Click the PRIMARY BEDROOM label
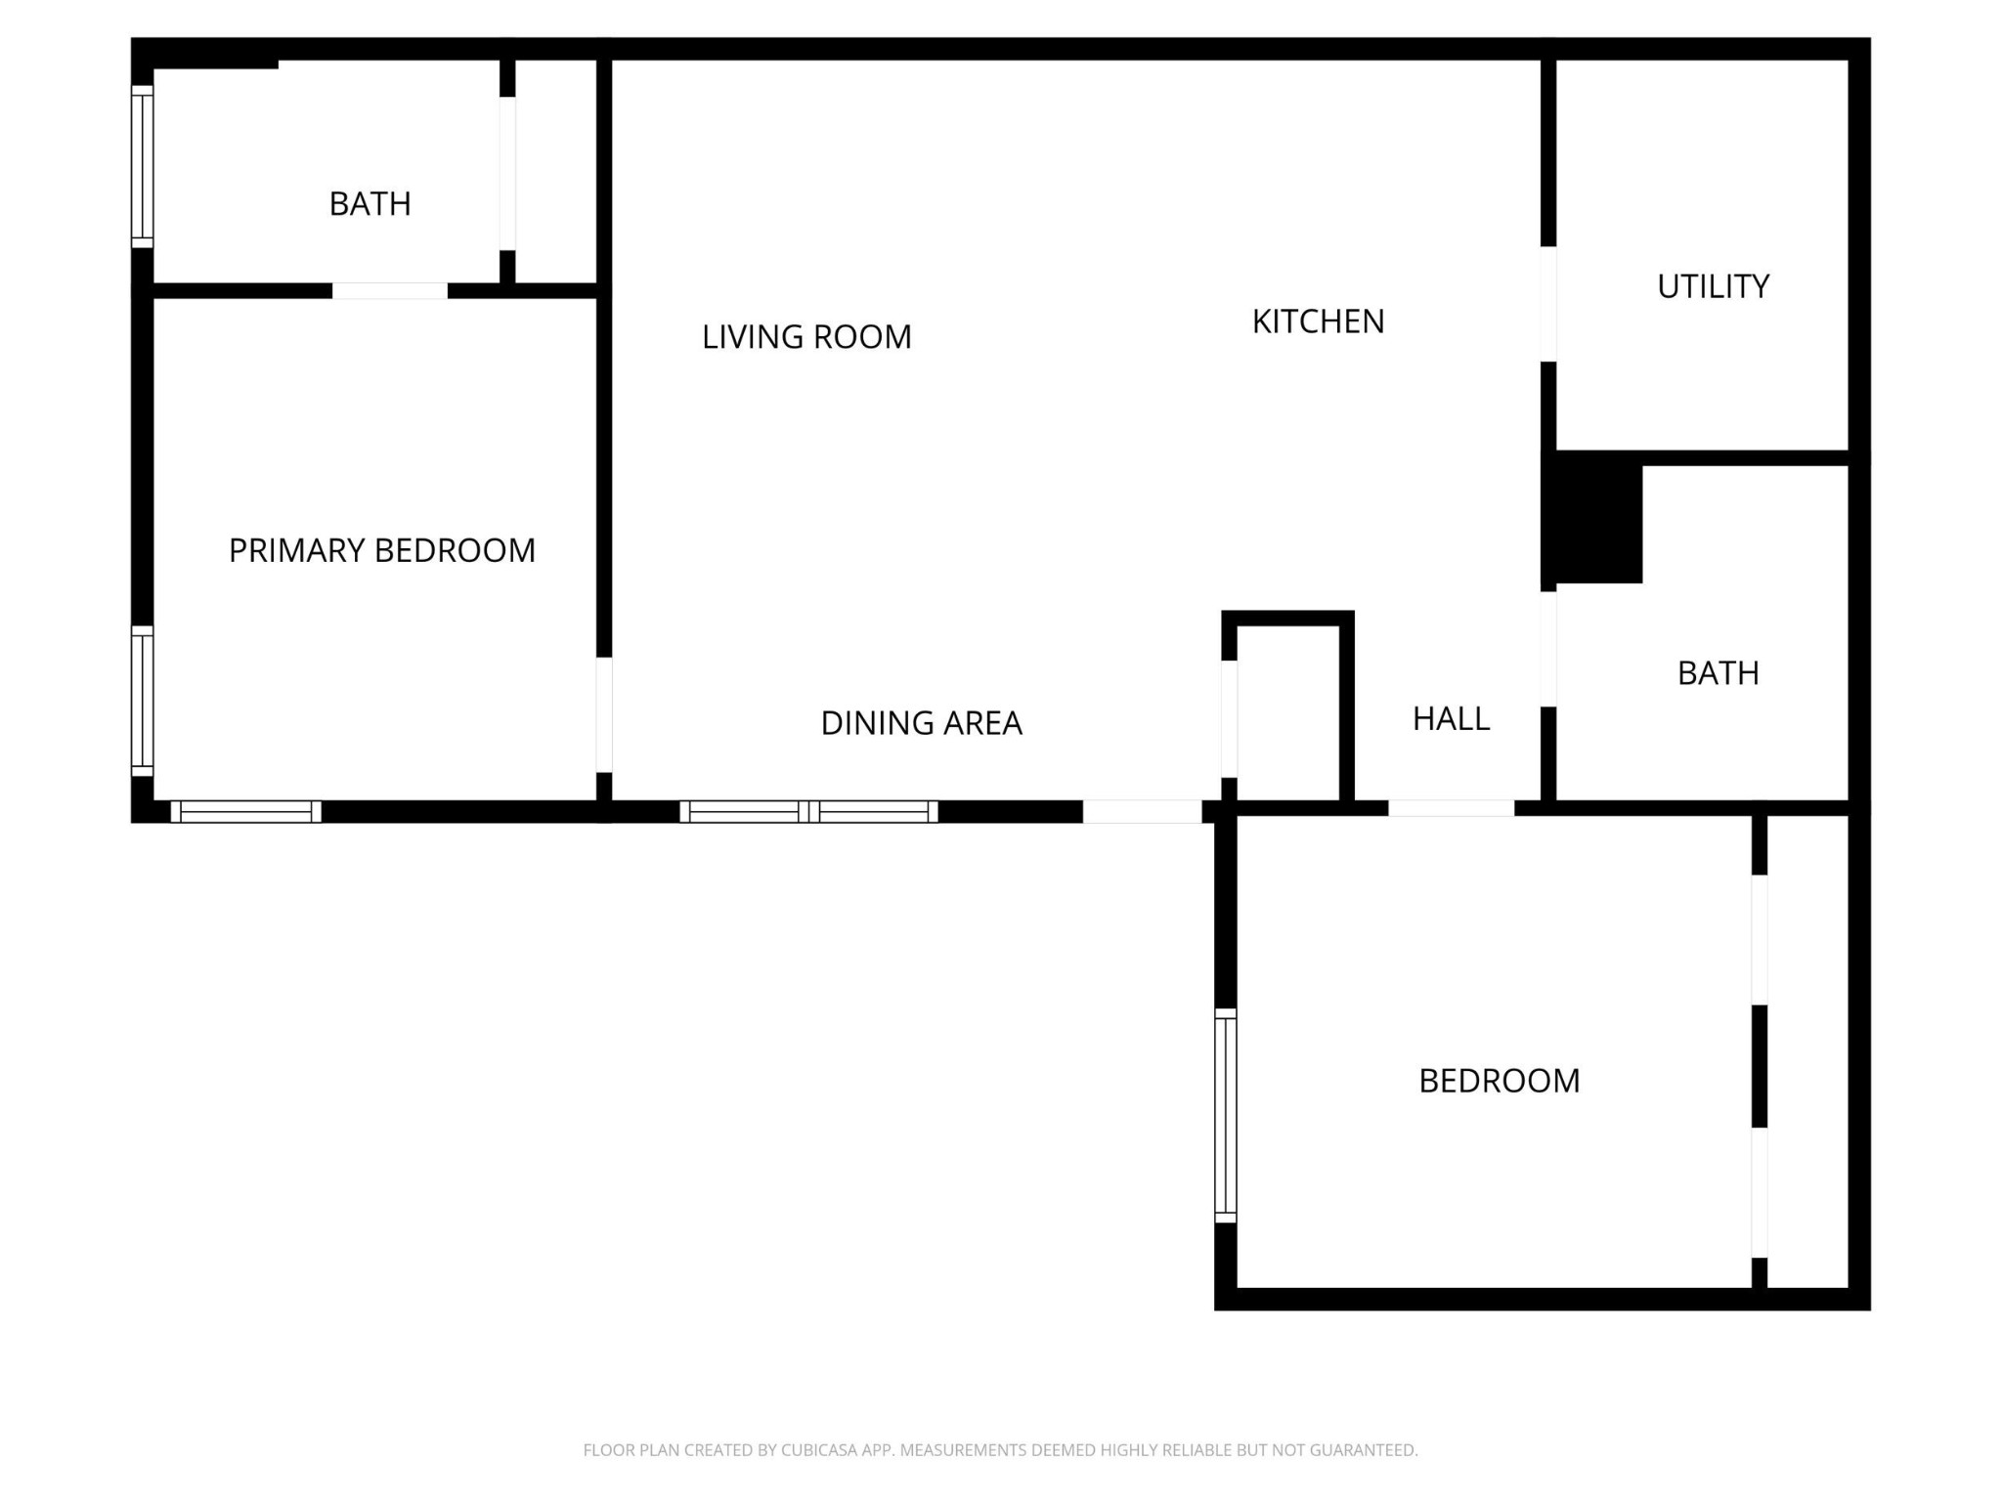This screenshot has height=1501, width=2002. click(x=381, y=550)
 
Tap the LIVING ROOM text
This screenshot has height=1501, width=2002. click(x=806, y=337)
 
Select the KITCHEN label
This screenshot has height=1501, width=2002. click(x=1318, y=322)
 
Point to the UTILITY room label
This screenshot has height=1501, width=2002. click(x=1713, y=286)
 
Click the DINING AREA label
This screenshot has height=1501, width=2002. click(x=921, y=723)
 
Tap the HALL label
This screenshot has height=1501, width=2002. click(x=1451, y=719)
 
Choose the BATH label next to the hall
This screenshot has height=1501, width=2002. click(x=1718, y=673)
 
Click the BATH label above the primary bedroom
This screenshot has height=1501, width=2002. click(x=370, y=203)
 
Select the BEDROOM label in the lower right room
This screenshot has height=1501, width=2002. click(x=1499, y=1081)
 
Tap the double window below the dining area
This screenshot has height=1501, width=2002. click(x=808, y=811)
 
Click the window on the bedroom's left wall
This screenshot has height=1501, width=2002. click(x=1225, y=1115)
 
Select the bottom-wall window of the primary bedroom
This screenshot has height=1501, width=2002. click(x=245, y=811)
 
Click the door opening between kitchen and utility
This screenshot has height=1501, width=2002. click(x=1547, y=304)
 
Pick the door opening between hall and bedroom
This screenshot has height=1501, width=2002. click(x=1451, y=808)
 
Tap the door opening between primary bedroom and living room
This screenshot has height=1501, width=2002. click(x=604, y=714)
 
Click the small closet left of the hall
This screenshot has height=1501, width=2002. click(x=1287, y=713)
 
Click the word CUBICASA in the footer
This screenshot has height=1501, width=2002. click(x=821, y=1450)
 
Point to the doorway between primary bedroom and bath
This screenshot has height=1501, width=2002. click(x=389, y=290)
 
